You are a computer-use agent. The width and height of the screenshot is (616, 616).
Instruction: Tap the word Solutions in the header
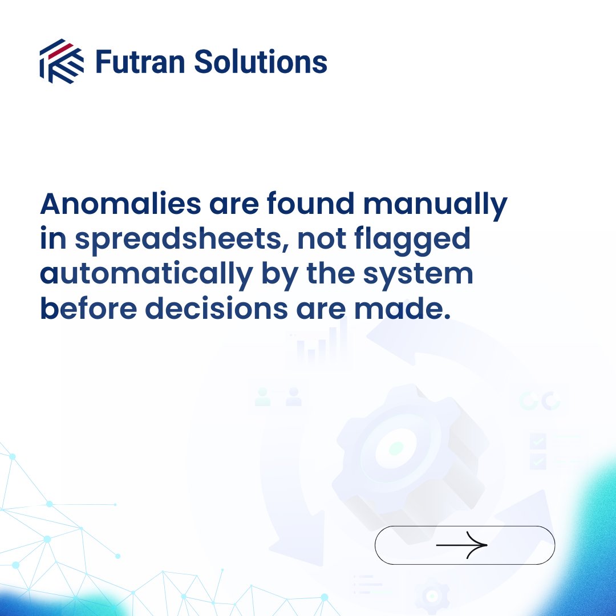coord(260,62)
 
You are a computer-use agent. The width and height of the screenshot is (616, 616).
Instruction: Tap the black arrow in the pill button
coord(462,545)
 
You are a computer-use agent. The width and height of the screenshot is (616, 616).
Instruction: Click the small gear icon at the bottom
coord(432,595)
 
